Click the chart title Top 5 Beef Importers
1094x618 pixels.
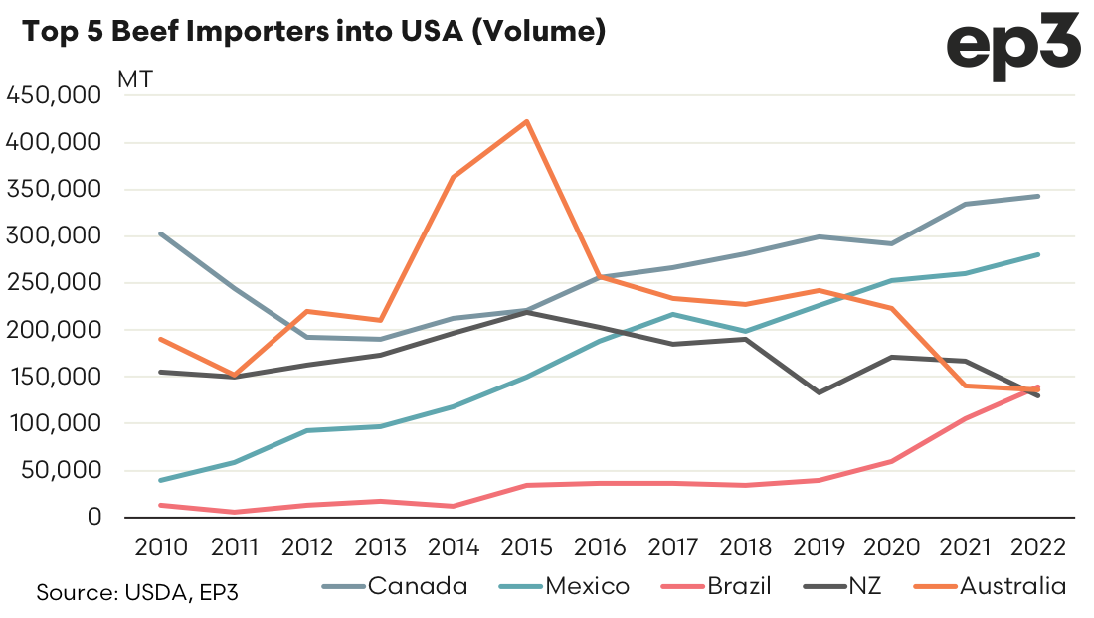[314, 32]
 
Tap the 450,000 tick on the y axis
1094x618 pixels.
[54, 96]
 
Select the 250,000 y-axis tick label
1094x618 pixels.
[54, 283]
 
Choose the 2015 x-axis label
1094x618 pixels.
[525, 547]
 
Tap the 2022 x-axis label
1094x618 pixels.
[1039, 547]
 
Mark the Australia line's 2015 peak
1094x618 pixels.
[526, 121]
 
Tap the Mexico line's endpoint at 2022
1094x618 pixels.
[1039, 254]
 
